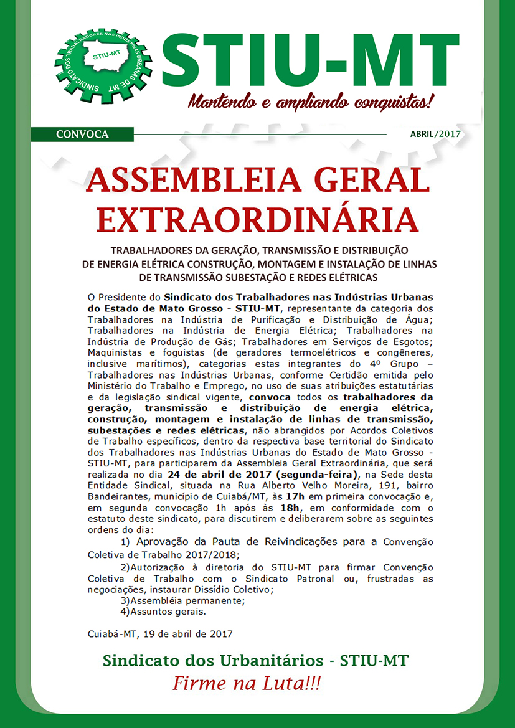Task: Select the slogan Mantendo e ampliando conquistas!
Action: [310, 100]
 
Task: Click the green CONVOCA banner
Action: [82, 134]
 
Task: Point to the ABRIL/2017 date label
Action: [434, 134]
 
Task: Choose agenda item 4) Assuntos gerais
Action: [163, 612]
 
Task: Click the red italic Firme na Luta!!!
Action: [247, 683]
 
